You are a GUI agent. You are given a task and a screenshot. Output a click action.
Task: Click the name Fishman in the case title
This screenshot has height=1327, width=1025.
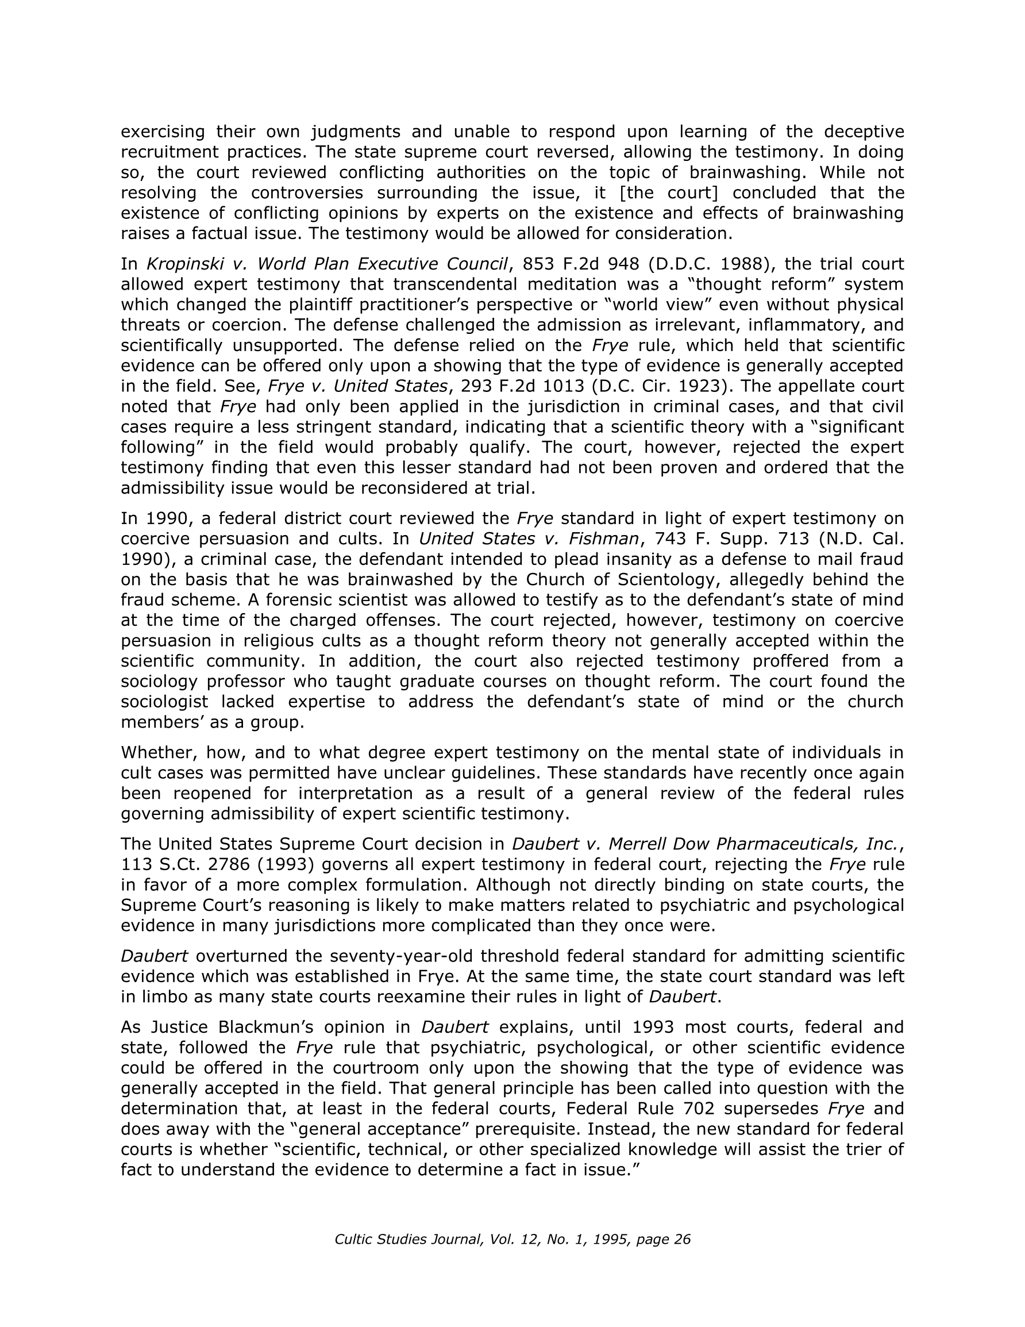point(602,539)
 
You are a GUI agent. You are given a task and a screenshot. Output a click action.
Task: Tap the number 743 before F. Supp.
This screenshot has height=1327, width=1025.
point(669,539)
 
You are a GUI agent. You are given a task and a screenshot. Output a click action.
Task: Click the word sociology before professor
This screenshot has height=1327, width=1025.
point(158,682)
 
